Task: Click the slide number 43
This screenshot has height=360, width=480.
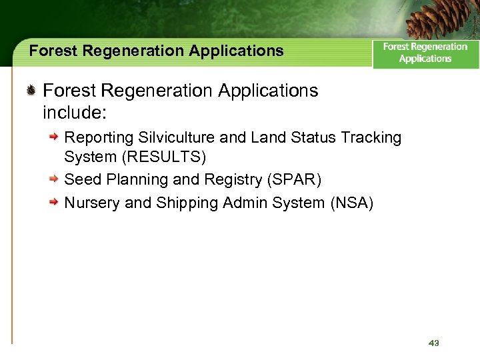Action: coord(434,343)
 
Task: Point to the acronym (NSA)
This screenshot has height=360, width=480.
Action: coord(351,203)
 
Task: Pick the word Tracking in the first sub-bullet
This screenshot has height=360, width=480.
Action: coord(371,138)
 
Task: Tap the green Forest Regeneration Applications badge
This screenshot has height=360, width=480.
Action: coord(425,53)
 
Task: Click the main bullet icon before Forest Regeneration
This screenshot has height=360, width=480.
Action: coord(31,91)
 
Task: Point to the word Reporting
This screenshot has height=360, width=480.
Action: coord(99,138)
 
